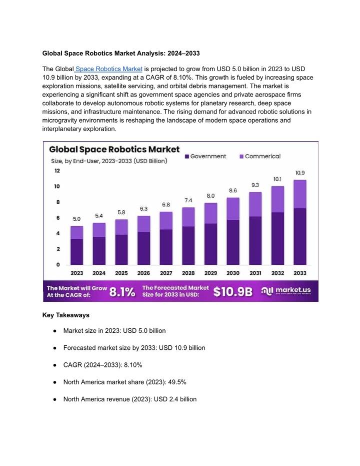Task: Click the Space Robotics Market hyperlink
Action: (109, 69)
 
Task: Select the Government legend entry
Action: (205, 156)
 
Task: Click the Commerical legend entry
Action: (260, 156)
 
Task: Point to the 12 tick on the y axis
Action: (57, 171)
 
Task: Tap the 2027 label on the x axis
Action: (166, 273)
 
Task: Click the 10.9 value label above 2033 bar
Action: (300, 173)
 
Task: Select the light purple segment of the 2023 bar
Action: (77, 232)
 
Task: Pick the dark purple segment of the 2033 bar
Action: (300, 237)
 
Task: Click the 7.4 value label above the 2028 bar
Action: (188, 200)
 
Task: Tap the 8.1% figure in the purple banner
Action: (122, 292)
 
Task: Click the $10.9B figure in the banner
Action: (233, 292)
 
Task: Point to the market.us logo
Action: (286, 291)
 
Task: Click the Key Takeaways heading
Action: (66, 315)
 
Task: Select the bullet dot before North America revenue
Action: (54, 399)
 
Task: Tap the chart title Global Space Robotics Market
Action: (114, 149)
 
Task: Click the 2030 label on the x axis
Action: (233, 273)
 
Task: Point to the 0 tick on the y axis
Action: (58, 264)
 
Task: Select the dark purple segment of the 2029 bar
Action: (210, 244)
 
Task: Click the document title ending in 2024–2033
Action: (121, 54)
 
